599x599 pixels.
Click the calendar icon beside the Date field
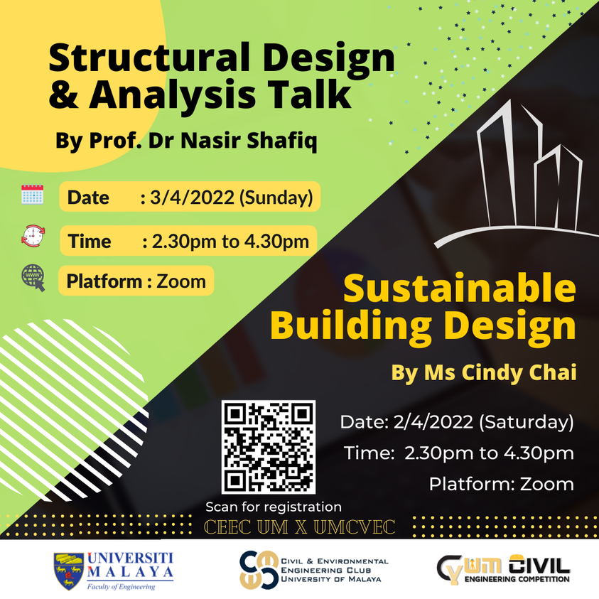coord(33,195)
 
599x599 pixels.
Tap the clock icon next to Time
coord(33,236)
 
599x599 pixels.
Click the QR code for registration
coord(268,447)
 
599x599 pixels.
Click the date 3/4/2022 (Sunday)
coord(231,198)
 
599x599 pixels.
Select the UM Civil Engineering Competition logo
coord(503,569)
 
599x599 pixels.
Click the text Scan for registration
coord(274,507)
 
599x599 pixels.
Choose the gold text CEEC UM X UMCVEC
coord(299,527)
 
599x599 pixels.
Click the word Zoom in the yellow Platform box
coord(180,281)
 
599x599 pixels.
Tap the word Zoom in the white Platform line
coord(546,485)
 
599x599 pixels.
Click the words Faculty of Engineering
coord(120,587)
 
